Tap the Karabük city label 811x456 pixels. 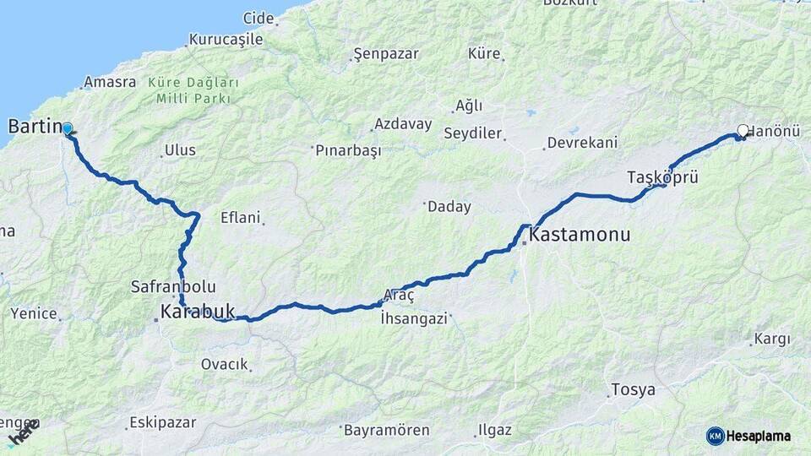point(197,312)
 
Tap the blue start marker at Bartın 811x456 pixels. point(67,128)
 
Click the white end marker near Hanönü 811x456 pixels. point(743,130)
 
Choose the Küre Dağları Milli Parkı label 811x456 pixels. point(193,91)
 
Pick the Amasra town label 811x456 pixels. point(110,83)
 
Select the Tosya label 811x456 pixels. point(632,390)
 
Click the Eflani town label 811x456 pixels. point(240,217)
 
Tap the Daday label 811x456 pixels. point(449,206)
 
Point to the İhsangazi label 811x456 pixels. point(413,318)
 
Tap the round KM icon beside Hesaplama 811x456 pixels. point(716,436)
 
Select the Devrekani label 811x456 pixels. point(582,143)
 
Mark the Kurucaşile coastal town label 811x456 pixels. point(226,39)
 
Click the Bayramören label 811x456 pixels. point(386,430)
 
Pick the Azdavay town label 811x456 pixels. point(403,124)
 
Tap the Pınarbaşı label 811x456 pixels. point(348,150)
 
